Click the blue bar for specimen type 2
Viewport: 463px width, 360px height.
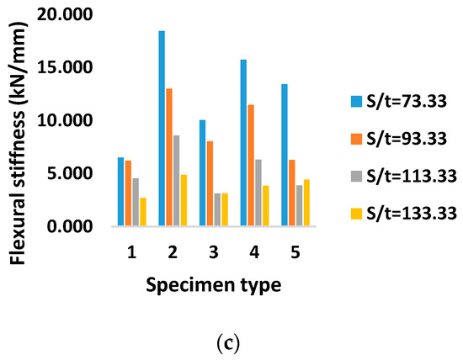[162, 129]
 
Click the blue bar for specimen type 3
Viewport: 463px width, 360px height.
[203, 173]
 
